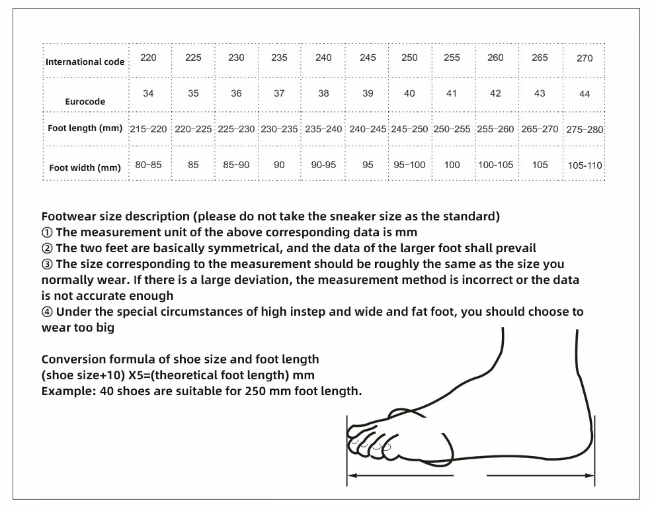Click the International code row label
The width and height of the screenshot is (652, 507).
point(85,62)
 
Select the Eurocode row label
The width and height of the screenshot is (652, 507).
point(85,102)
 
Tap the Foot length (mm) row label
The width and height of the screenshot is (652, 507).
point(85,128)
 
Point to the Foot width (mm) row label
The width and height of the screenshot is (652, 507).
point(85,167)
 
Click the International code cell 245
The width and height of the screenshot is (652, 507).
point(368,58)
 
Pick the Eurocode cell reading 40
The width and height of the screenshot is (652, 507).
point(409,93)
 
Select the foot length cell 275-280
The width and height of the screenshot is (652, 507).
point(585,130)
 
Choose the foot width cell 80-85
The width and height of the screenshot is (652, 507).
point(148,165)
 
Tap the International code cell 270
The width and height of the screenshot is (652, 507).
point(585,58)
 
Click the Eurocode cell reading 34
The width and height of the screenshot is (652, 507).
point(148,93)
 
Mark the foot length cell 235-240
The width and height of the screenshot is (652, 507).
point(323,129)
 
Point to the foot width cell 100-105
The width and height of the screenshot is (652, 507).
point(495,165)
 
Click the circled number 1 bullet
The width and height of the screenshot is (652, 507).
point(47,232)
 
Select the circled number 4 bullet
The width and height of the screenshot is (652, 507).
point(47,312)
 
